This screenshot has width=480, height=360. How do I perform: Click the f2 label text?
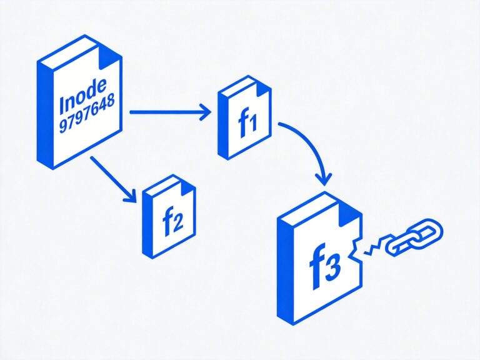(x=172, y=224)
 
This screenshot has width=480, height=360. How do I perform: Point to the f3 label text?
(x=324, y=265)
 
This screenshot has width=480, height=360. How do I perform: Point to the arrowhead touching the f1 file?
(x=206, y=112)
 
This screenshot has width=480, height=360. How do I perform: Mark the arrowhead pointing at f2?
(x=131, y=196)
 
